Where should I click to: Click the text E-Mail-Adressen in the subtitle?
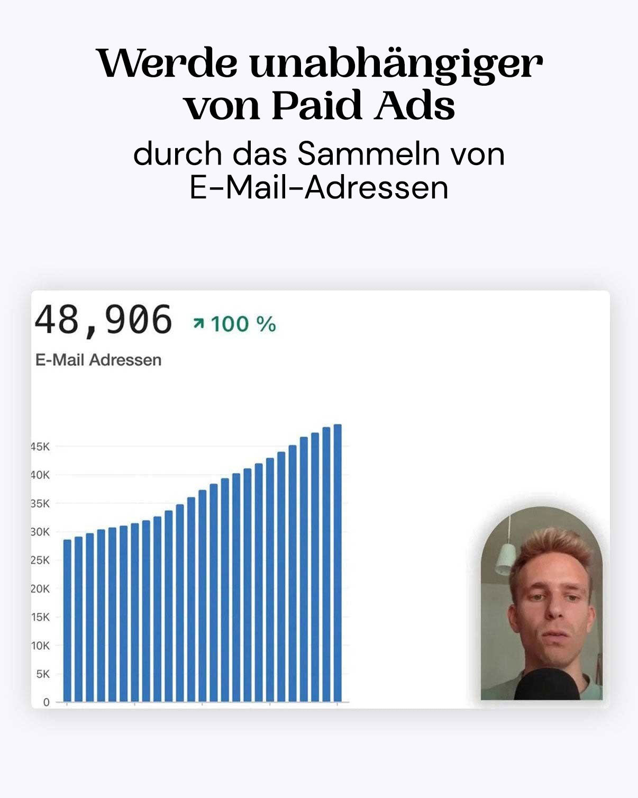coord(319,187)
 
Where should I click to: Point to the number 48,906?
coord(104,321)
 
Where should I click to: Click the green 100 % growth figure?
coord(243,324)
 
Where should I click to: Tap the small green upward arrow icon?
coord(199,323)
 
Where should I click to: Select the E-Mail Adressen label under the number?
coord(98,360)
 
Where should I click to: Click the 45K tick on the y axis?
coord(40,447)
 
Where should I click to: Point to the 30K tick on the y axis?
coord(40,532)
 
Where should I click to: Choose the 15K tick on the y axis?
coord(40,617)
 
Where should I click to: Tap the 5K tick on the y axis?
coord(42,674)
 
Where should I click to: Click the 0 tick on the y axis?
coord(46,702)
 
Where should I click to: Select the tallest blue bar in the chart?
coord(338,563)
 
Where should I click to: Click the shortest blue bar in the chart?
coord(67,620)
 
